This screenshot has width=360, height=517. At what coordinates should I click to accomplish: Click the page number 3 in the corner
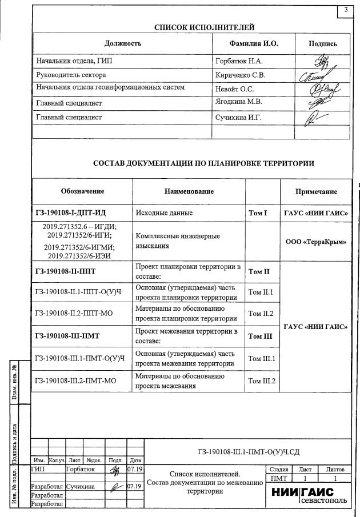click(346, 10)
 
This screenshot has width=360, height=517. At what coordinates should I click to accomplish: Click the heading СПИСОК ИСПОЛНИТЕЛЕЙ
click(205, 27)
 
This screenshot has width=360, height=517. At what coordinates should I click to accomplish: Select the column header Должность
click(123, 43)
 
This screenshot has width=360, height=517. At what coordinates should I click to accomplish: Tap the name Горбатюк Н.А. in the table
click(238, 61)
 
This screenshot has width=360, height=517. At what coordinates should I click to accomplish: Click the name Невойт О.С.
click(234, 89)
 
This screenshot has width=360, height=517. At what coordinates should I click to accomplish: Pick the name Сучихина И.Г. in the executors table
click(238, 117)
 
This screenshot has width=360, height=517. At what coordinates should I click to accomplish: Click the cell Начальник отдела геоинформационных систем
click(110, 88)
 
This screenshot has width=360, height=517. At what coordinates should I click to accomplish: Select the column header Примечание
click(316, 191)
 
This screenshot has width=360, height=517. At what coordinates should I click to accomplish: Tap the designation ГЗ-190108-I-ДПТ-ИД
click(70, 213)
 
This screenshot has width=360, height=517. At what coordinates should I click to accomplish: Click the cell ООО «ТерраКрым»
click(316, 242)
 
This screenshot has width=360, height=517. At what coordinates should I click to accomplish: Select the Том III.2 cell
click(262, 380)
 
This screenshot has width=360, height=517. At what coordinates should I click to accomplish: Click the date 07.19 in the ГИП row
click(135, 469)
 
